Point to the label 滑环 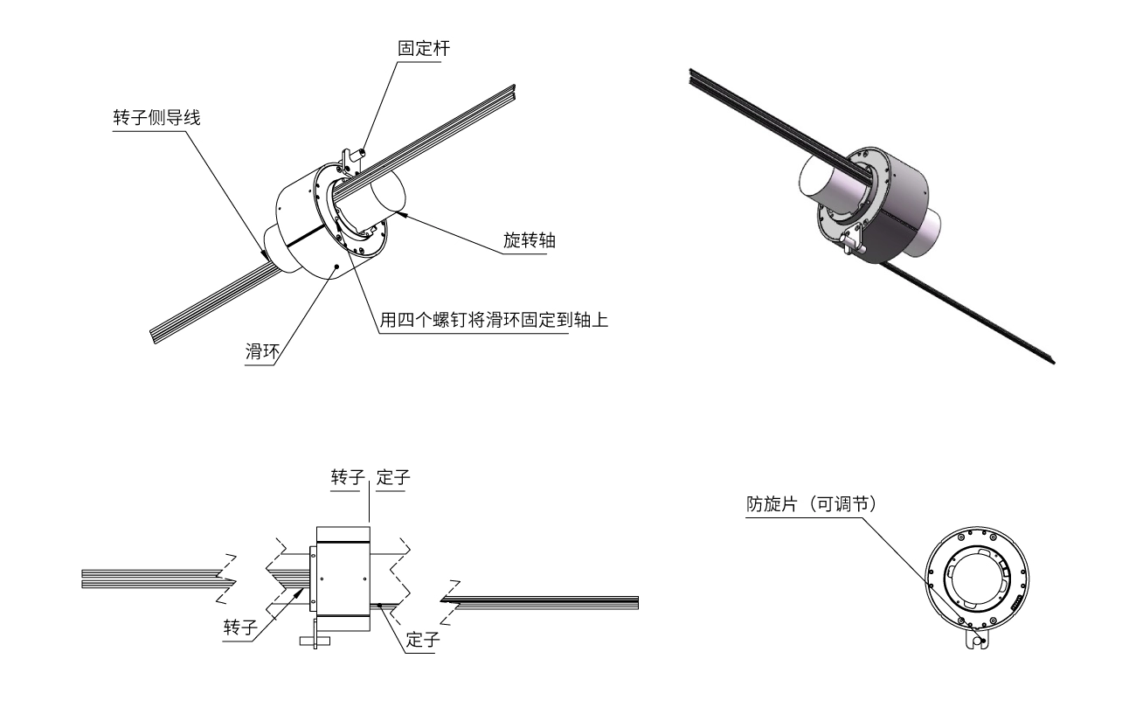pyautogui.click(x=261, y=352)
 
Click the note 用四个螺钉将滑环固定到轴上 pyautogui.click(x=493, y=321)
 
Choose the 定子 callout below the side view pyautogui.click(x=424, y=639)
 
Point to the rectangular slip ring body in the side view pyautogui.click(x=342, y=577)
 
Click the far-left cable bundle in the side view pyautogui.click(x=149, y=579)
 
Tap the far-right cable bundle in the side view pyautogui.click(x=551, y=601)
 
